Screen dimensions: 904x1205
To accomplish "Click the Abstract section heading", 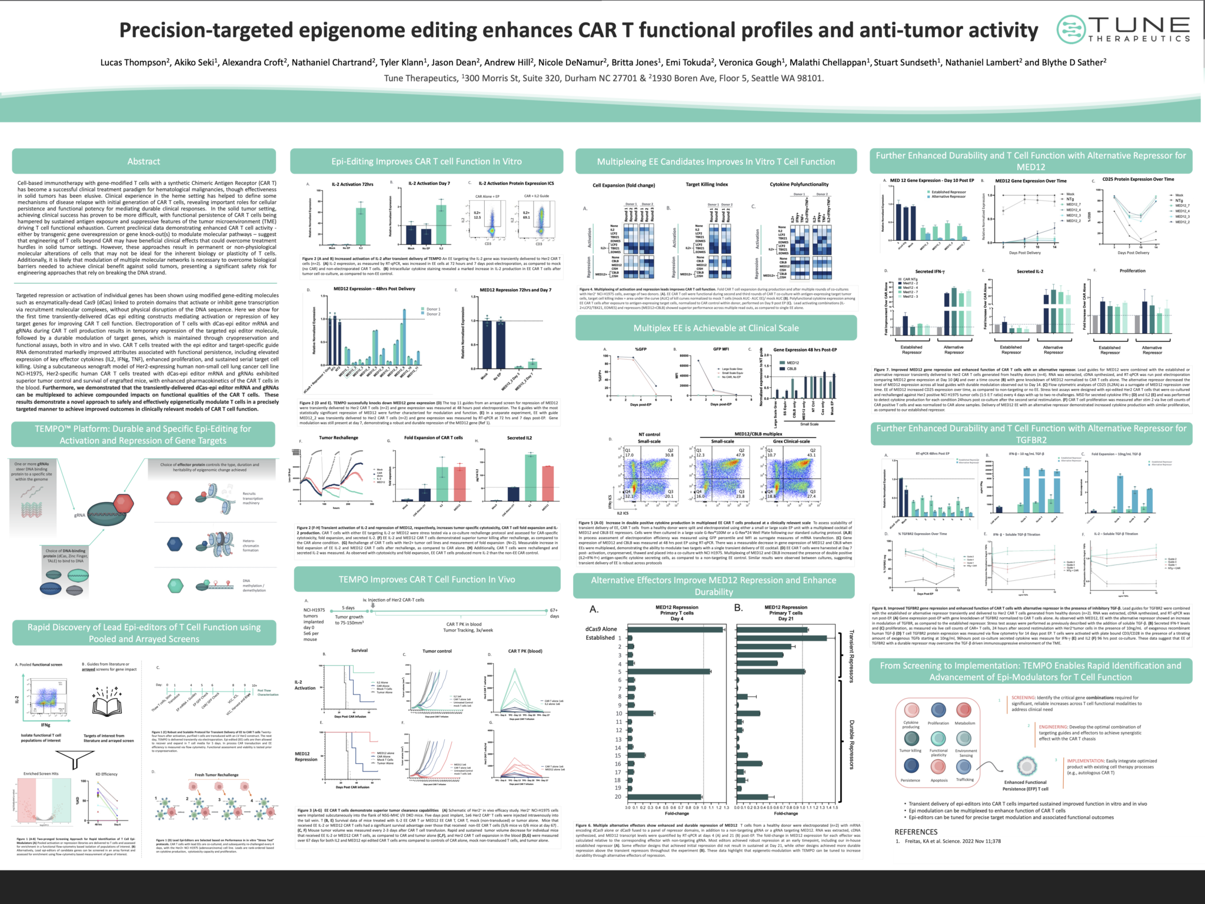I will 144,161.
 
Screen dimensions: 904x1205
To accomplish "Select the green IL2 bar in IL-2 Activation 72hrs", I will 361,225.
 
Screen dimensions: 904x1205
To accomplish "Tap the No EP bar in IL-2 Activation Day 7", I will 426,235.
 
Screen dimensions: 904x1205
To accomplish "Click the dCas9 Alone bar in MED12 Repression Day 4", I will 675,629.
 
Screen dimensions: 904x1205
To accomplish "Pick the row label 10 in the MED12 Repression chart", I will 618,713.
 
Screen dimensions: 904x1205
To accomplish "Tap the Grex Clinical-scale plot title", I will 791,441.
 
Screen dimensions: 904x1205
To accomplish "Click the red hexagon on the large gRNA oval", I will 122,503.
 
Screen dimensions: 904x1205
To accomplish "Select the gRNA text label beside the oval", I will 79,515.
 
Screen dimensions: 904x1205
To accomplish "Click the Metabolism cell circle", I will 964,710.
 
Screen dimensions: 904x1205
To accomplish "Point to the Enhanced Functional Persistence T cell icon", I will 1026,766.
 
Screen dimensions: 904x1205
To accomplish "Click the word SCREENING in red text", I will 1023,697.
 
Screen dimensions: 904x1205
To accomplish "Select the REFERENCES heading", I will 916,832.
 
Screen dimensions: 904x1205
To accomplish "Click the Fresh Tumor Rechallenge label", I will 217,775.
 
